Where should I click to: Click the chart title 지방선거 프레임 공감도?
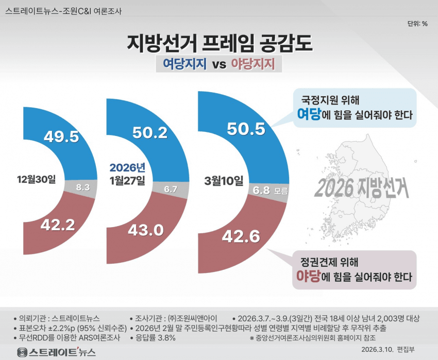click(219, 43)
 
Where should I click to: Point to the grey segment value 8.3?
click(83, 187)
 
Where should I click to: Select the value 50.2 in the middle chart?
click(149, 132)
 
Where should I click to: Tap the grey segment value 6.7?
click(170, 190)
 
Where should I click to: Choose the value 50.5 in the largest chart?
click(246, 128)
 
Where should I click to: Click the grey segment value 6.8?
click(262, 190)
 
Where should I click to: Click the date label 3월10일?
click(224, 180)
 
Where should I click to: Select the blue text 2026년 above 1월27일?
click(127, 168)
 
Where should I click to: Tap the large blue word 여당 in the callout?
click(309, 114)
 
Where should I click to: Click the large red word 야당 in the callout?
click(308, 276)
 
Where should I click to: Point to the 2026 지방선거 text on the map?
click(360, 188)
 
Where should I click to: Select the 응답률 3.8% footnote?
click(156, 338)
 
